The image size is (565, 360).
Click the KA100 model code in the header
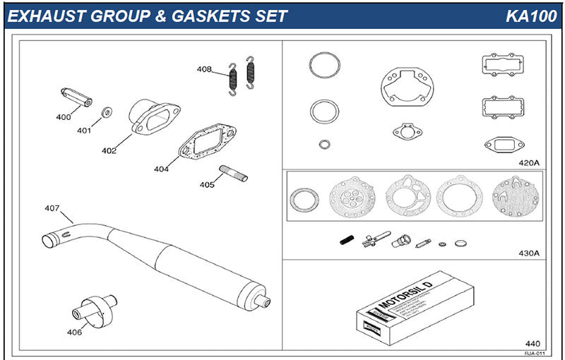pyautogui.click(x=530, y=16)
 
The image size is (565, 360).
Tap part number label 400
pyautogui.click(x=63, y=116)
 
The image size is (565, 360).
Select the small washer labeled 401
pyautogui.click(x=107, y=112)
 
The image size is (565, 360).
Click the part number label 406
pyautogui.click(x=73, y=332)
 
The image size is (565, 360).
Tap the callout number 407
pyautogui.click(x=52, y=208)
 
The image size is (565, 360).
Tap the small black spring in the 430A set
pyautogui.click(x=346, y=240)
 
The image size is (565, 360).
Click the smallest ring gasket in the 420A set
pyautogui.click(x=324, y=145)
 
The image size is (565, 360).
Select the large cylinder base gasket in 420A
pyautogui.click(x=404, y=88)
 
